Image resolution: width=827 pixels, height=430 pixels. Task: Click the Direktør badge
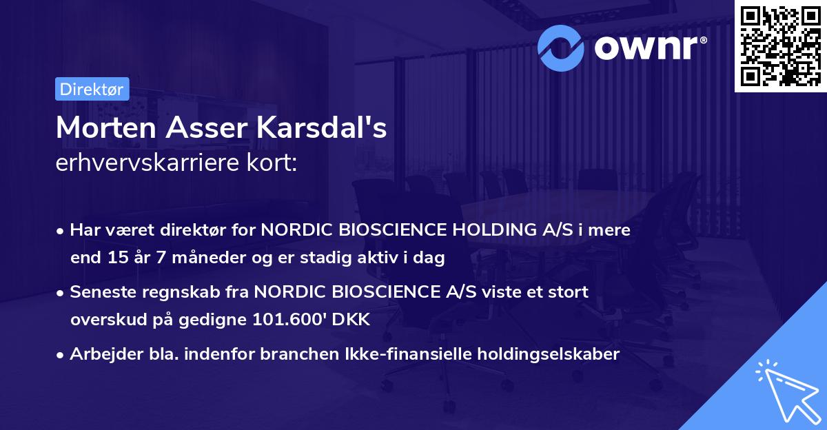[92, 89]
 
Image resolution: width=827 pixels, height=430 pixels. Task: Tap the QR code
[780, 45]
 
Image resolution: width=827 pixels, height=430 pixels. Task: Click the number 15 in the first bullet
[116, 258]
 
